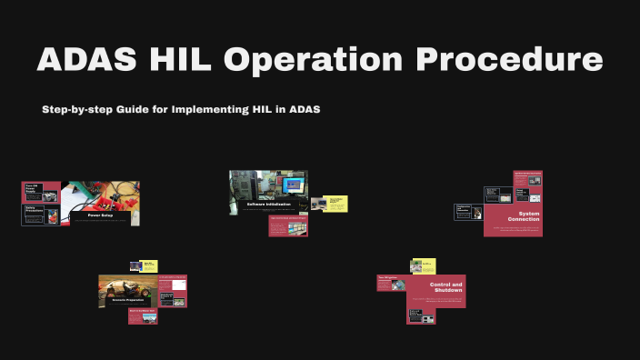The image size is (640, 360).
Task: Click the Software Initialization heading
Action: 268,205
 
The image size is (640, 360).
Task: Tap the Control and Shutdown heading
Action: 445,288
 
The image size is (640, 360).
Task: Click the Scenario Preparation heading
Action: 127,301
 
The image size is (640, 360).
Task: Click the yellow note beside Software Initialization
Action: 336,204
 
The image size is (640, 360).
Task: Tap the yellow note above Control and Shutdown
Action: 423,265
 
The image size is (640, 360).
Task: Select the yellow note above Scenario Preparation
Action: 148,265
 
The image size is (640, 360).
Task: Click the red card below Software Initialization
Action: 288,225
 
